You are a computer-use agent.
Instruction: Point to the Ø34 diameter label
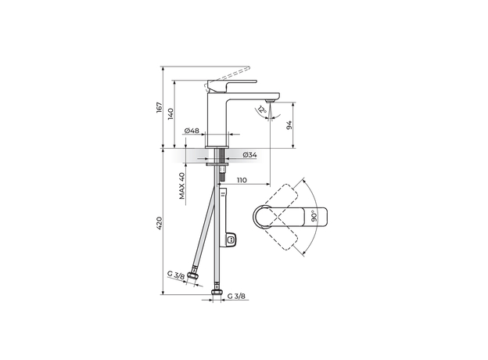(x=249, y=156)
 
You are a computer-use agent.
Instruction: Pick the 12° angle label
(x=263, y=111)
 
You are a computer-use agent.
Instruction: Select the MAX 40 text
(x=181, y=186)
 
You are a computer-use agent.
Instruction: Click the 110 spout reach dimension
(x=242, y=181)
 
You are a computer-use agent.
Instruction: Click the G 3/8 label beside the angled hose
(x=176, y=275)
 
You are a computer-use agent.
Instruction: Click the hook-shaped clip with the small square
(x=231, y=239)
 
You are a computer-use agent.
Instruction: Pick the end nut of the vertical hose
(x=217, y=290)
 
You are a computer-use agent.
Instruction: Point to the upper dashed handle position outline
(x=285, y=196)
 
